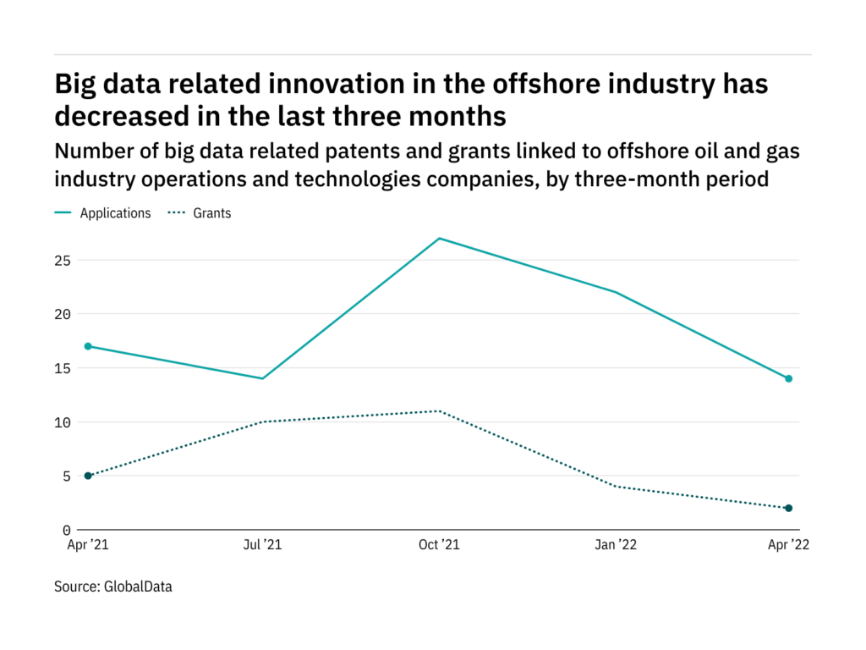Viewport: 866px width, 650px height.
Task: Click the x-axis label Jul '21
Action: tap(262, 546)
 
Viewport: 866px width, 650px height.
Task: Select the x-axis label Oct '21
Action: tap(439, 546)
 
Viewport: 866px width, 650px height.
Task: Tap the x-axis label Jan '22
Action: tap(615, 546)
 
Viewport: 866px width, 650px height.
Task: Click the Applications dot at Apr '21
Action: tap(88, 346)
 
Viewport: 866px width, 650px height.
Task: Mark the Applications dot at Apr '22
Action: tap(789, 378)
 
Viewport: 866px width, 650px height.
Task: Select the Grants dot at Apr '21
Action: tap(88, 476)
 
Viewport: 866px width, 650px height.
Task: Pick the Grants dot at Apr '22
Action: tap(789, 508)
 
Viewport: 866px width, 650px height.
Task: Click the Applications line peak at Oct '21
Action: tap(439, 239)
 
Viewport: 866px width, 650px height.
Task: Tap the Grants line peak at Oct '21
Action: tap(439, 411)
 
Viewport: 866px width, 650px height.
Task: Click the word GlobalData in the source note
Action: tap(139, 586)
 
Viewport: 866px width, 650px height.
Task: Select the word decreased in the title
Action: tap(137, 114)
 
